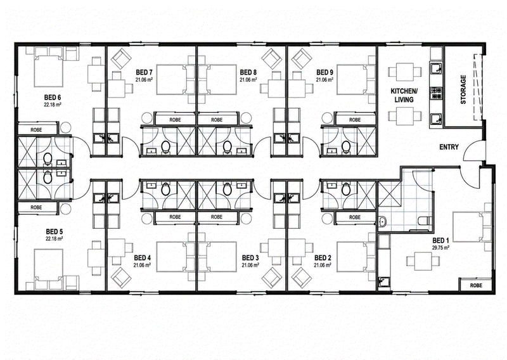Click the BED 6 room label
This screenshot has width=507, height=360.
tap(53, 98)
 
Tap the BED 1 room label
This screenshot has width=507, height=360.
tap(440, 241)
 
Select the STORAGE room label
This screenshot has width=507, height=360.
tap(463, 89)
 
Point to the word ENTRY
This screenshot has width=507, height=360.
tap(449, 147)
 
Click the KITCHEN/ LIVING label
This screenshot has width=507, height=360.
tap(404, 96)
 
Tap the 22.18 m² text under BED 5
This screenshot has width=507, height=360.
tap(54, 239)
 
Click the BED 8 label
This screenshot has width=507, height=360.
tap(248, 72)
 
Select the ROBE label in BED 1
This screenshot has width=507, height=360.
tap(476, 285)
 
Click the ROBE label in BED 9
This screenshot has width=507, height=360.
tap(355, 120)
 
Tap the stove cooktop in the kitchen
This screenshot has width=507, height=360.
tap(436, 93)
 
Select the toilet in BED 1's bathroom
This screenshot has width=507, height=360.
tap(424, 221)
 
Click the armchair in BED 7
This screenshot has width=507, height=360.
tap(121, 58)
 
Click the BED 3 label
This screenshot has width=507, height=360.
tap(250, 258)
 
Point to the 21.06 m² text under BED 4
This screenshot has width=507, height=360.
tap(142, 265)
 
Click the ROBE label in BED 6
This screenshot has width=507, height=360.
tap(36, 130)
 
